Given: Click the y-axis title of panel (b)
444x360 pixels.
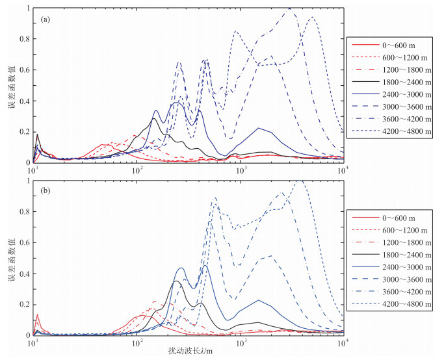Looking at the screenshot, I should (x=11, y=259).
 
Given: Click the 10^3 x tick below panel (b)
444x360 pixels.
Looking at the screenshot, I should (x=242, y=343).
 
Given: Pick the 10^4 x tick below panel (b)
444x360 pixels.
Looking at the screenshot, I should (x=343, y=343).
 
